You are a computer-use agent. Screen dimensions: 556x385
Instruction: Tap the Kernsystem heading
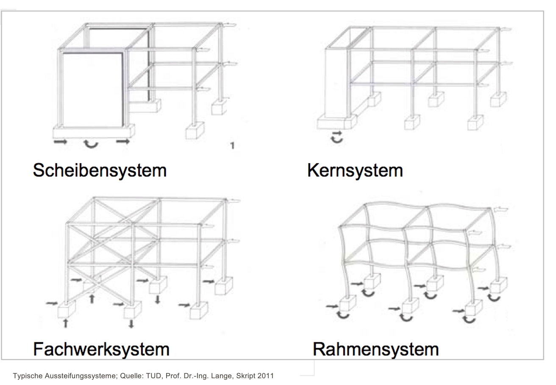(x=355, y=170)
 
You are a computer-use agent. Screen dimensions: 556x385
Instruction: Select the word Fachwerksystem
(x=101, y=349)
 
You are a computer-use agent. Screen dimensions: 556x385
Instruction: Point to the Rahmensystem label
(x=376, y=349)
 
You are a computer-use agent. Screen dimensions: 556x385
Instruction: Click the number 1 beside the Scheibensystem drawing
(x=232, y=145)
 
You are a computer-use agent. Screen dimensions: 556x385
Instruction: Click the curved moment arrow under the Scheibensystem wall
(x=91, y=145)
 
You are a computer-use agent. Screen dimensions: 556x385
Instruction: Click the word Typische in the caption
(x=28, y=376)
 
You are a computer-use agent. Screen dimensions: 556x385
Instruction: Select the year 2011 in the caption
(x=265, y=376)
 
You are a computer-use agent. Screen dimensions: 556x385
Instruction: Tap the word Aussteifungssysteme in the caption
(x=81, y=376)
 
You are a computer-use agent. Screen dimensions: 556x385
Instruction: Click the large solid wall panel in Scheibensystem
(x=92, y=90)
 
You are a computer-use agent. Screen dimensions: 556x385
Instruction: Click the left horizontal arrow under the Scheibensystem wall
(x=61, y=142)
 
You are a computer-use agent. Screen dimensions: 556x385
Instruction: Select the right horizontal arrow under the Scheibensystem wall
(x=123, y=142)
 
